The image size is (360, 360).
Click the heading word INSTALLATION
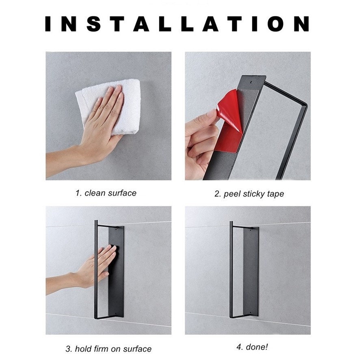point(177,24)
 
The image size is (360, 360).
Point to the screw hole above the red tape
point(251,82)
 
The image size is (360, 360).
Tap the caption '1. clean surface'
point(106,193)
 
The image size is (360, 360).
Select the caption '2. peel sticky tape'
point(249,194)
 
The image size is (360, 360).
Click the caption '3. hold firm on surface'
point(108,349)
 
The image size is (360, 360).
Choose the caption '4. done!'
point(252,347)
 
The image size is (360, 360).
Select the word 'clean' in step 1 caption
point(95,193)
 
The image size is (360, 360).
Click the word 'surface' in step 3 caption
point(137,349)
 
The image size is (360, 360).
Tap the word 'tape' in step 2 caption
point(276,194)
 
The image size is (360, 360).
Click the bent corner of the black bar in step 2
point(305,104)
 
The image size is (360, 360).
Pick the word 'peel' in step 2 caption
point(232,194)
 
